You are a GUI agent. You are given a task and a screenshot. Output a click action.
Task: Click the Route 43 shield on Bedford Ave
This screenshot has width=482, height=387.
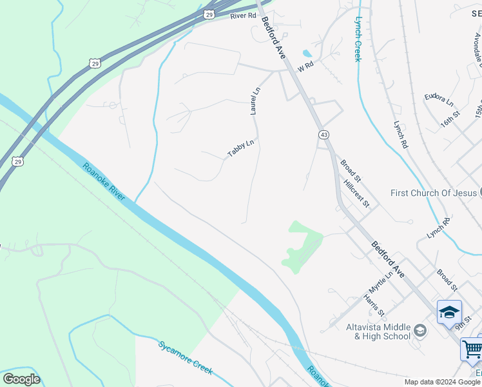coord(323,134)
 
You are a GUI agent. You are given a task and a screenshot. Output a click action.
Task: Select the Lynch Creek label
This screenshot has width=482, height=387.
coord(358,39)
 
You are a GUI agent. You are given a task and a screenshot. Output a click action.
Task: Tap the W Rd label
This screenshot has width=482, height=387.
coord(305,66)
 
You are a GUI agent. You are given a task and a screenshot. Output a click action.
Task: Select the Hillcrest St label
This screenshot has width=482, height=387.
coord(356,193)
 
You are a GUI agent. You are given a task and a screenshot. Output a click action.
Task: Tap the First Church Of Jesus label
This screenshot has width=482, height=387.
coord(432,193)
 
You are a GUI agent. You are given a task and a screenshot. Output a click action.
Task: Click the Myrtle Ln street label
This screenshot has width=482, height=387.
coord(381,282)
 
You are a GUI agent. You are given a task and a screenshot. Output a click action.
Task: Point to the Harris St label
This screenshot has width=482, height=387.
coord(373,305)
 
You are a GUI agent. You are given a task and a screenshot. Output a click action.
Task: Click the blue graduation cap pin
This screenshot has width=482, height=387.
coord(449,313)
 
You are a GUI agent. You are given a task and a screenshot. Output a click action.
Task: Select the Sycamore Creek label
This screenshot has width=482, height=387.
coord(186,357)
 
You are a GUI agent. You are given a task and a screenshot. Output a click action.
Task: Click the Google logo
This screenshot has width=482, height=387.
coord(21,379)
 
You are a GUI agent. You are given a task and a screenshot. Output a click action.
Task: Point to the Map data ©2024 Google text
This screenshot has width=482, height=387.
coord(442,382)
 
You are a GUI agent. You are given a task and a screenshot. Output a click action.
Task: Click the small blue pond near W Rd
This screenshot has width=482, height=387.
coord(307,53)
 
